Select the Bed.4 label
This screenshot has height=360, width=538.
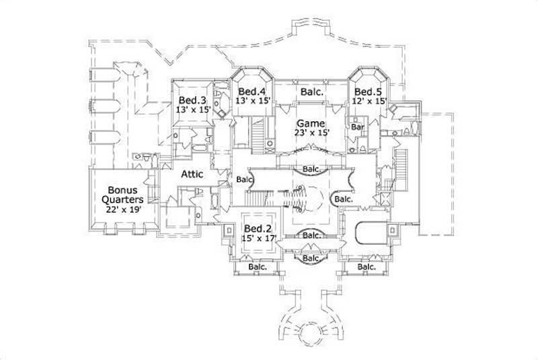click(x=252, y=92)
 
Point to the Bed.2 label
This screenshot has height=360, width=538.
click(x=257, y=227)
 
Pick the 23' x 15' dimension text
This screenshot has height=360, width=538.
click(x=312, y=133)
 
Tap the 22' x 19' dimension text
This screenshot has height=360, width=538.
click(x=121, y=209)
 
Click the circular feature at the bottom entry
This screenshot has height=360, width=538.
click(x=311, y=332)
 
